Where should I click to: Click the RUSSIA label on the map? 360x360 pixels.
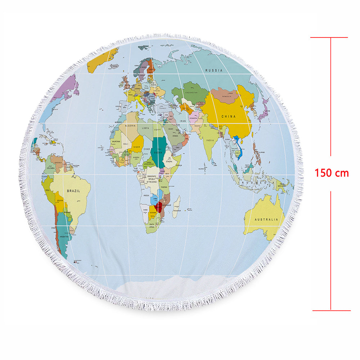tap(214, 71)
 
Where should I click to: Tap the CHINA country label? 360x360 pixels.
tap(228, 117)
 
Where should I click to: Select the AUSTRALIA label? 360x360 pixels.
tap(266, 219)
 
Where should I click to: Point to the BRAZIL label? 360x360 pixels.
tap(73, 191)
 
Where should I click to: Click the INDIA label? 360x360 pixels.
tap(210, 140)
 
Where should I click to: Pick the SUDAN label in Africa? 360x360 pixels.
tap(158, 152)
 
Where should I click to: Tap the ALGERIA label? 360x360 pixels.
tap(130, 126)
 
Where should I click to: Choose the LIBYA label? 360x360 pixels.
tap(145, 128)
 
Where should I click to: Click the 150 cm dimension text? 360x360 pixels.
tap(332, 173)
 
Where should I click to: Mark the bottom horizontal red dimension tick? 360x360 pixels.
tap(331, 310)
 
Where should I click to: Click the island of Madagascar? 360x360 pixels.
tap(176, 207)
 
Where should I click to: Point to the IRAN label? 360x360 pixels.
tap(183, 121)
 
